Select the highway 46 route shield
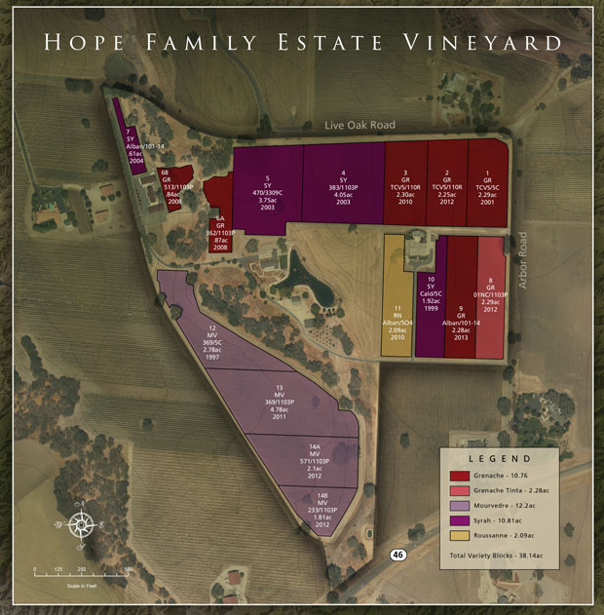pyautogui.click(x=397, y=555)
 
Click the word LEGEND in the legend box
pyautogui.click(x=500, y=458)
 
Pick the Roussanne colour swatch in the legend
pyautogui.click(x=459, y=535)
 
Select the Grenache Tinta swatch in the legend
pyautogui.click(x=459, y=490)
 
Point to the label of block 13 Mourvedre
pyautogui.click(x=279, y=401)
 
